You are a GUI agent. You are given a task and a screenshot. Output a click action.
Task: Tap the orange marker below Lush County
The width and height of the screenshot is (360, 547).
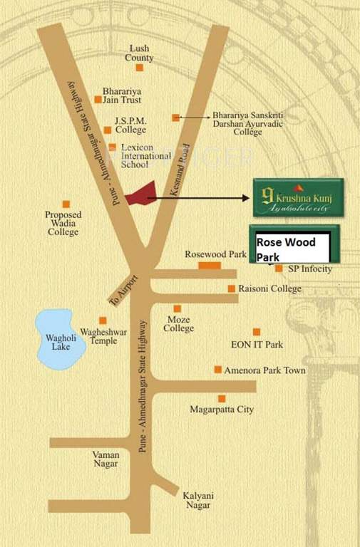coord(140,68)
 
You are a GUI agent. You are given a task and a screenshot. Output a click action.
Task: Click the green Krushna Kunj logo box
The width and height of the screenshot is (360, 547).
coord(297,197)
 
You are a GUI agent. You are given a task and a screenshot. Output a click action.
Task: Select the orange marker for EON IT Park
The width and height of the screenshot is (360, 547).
coord(257,331)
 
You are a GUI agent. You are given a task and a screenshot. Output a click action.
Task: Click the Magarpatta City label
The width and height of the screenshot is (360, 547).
coord(222,410)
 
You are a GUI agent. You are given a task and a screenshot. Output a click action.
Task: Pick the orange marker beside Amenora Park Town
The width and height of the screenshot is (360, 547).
coord(218,370)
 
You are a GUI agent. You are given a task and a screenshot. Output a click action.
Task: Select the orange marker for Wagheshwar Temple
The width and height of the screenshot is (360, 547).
coord(103,321)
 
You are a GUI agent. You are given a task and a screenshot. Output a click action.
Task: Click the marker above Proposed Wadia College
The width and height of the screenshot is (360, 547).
coord(66,204)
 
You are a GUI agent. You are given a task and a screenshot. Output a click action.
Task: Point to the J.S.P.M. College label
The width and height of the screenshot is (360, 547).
coord(130,125)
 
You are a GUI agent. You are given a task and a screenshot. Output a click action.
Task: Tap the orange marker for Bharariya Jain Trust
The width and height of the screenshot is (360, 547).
coord(98,100)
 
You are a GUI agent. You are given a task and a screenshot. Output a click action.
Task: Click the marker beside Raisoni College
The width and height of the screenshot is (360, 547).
coord(231,288)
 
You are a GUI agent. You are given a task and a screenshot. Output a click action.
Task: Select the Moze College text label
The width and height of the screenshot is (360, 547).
coord(178,324)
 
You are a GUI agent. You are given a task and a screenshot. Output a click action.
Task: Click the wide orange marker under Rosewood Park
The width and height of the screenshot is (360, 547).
coord(210,266)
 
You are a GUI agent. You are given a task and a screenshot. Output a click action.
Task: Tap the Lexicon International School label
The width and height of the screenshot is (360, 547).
coord(145,155)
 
